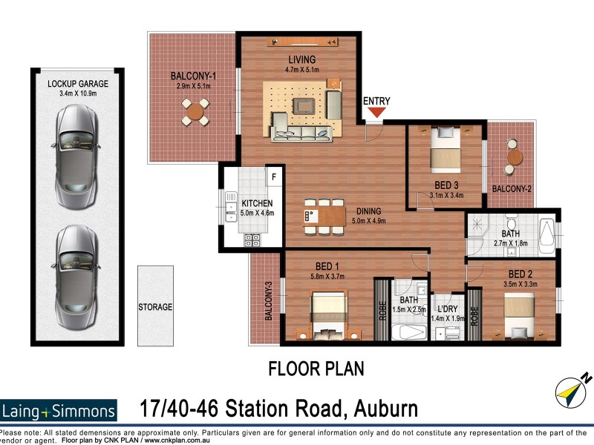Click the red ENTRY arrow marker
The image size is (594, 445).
(x=377, y=113)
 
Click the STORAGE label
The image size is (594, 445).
(x=155, y=307)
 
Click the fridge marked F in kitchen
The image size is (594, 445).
(x=273, y=177)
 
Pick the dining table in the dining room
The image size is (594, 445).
(x=324, y=216)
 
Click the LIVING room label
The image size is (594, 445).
(x=302, y=60)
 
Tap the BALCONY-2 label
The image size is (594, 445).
(x=512, y=189)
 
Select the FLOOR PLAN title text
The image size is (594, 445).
(x=316, y=368)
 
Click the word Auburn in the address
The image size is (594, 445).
(x=377, y=408)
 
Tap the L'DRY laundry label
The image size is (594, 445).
(x=448, y=309)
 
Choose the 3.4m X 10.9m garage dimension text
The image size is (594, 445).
(x=78, y=93)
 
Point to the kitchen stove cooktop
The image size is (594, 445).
(x=252, y=240)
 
